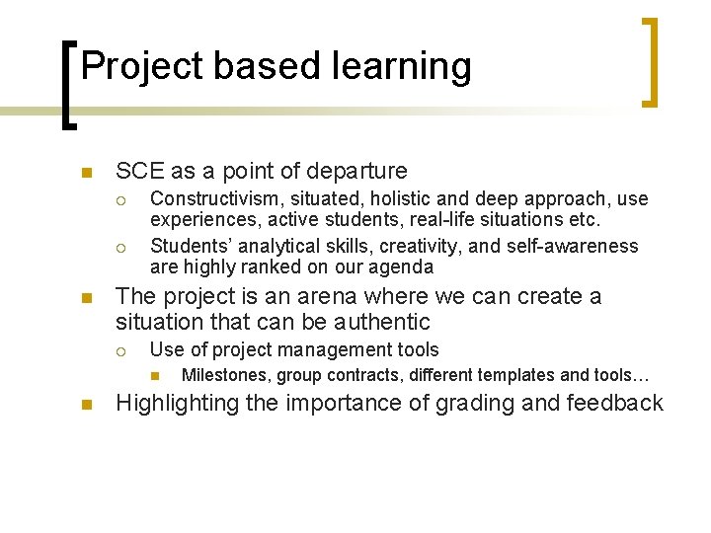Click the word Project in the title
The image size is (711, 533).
tap(142, 66)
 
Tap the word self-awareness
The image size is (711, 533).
tap(574, 246)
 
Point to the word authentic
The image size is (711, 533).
tap(381, 322)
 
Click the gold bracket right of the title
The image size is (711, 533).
tap(651, 61)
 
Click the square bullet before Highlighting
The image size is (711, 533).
tap(86, 404)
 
